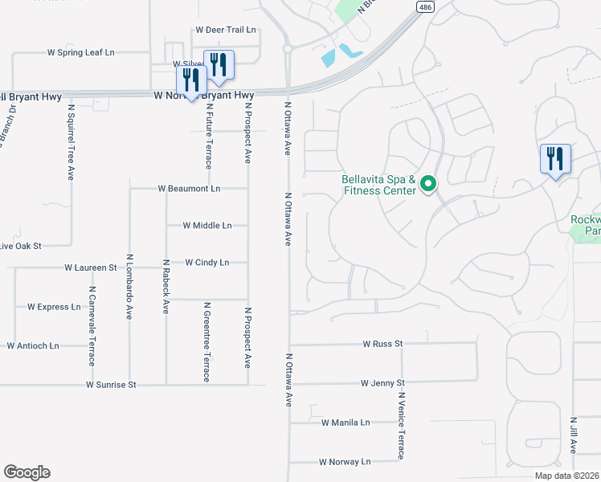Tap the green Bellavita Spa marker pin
428,185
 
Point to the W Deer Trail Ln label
225,30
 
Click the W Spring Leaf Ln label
81,52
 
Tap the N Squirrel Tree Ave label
71,141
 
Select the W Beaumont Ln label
189,189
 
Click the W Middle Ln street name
207,226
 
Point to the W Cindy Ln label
206,263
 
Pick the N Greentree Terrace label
206,341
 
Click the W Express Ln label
54,307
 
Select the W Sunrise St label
111,386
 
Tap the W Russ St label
382,344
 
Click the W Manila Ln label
345,423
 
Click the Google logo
27,472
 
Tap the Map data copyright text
566,476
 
